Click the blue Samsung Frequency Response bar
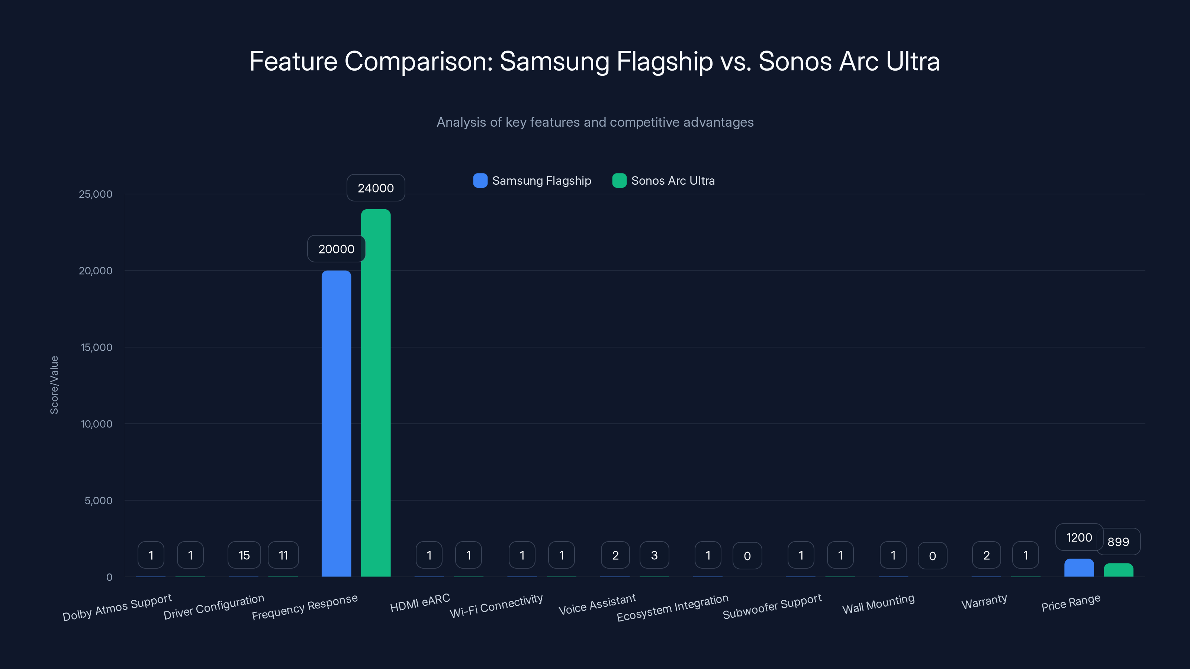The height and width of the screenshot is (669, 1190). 336,423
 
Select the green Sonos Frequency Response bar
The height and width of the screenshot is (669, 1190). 376,393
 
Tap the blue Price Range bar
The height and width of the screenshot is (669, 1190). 1079,568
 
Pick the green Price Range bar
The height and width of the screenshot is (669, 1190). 1118,570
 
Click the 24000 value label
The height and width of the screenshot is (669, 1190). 376,188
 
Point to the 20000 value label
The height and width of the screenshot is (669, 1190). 336,249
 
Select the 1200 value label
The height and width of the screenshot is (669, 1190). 1079,537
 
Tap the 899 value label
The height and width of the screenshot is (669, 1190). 1118,542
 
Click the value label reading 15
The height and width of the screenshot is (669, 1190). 244,555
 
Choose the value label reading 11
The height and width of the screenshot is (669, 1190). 283,555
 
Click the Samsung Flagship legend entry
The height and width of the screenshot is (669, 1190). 532,181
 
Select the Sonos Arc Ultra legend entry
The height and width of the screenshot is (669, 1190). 663,181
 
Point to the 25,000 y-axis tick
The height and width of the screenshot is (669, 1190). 96,194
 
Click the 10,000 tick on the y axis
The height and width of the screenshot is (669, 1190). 97,424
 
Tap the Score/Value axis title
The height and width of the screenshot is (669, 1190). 54,385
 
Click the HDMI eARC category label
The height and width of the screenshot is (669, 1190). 420,602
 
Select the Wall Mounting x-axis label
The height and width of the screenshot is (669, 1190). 878,604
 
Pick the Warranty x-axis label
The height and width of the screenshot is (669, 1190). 984,602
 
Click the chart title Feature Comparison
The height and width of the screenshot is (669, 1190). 595,61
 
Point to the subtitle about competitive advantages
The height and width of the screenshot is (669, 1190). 595,122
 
